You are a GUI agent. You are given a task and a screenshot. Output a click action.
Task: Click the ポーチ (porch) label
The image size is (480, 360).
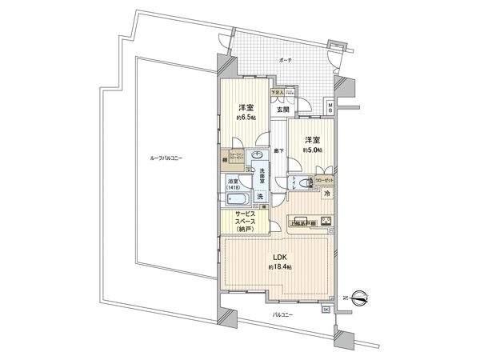(x=286, y=60)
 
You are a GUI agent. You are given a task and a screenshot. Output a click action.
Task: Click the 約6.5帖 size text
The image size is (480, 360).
(x=246, y=118)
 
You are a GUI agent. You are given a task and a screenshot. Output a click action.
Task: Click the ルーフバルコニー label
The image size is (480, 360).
(x=166, y=158)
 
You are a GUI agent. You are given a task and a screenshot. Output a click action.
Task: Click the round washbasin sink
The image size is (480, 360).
(x=258, y=156)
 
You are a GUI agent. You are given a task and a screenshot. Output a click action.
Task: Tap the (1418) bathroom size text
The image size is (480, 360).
(x=232, y=188)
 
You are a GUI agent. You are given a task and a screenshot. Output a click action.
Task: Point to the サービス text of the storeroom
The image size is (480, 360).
(x=246, y=213)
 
